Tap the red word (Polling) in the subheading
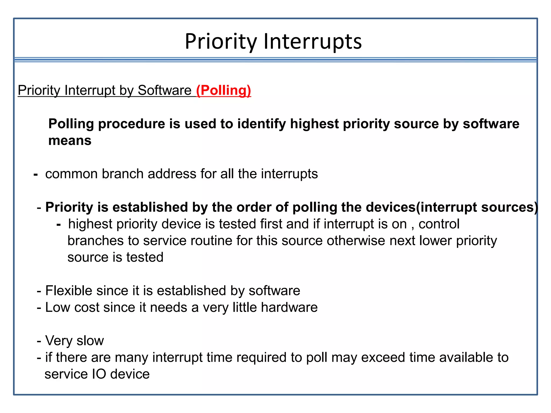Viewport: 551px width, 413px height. pyautogui.click(x=223, y=90)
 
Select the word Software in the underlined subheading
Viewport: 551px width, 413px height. pyautogui.click(x=164, y=90)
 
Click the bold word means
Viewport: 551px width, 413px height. pyautogui.click(x=70, y=141)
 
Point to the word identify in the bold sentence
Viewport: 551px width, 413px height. pyautogui.click(x=261, y=124)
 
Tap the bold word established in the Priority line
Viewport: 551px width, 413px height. pyautogui.click(x=150, y=207)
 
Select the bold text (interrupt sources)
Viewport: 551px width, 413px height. pyautogui.click(x=477, y=207)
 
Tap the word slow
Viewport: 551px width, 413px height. pyautogui.click(x=90, y=341)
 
